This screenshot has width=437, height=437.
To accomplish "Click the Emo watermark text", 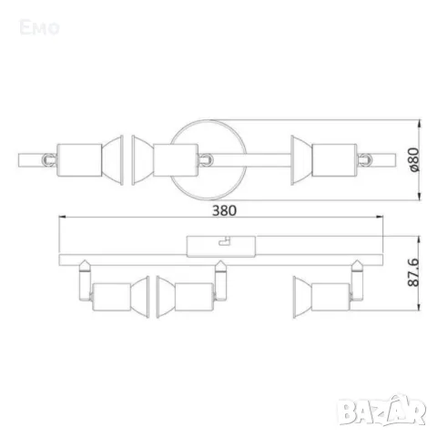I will [41, 28].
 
